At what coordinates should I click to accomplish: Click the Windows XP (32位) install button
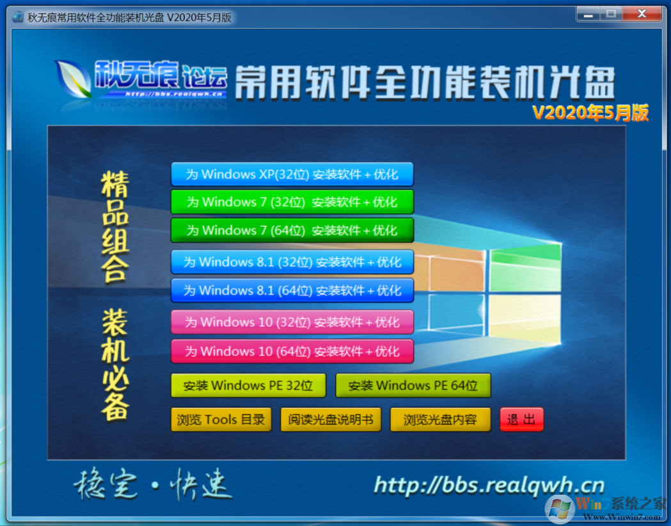click(x=292, y=174)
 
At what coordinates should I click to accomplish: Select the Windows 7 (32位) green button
click(x=292, y=202)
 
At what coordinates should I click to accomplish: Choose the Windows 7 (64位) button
click(x=292, y=230)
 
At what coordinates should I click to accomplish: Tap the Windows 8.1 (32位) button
click(x=292, y=262)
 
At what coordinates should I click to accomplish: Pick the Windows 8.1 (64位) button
click(x=292, y=290)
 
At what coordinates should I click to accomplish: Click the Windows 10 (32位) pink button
click(x=292, y=322)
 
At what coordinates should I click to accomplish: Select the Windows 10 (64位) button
click(x=292, y=351)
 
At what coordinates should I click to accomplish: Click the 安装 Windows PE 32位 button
click(x=248, y=385)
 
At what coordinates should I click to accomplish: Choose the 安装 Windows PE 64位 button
click(x=413, y=385)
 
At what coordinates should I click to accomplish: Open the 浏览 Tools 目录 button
click(x=221, y=420)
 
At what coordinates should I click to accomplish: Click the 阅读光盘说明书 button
click(x=330, y=420)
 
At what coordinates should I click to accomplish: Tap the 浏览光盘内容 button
click(x=440, y=420)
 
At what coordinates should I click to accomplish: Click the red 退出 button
click(x=521, y=420)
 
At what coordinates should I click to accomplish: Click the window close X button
click(x=643, y=13)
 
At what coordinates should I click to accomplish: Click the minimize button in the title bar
click(x=589, y=13)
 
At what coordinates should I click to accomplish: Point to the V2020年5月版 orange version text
click(x=590, y=112)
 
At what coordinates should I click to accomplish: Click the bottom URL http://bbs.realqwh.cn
click(x=489, y=485)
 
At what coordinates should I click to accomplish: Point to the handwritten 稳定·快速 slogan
click(x=152, y=486)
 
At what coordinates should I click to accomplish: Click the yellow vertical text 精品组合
click(x=115, y=226)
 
